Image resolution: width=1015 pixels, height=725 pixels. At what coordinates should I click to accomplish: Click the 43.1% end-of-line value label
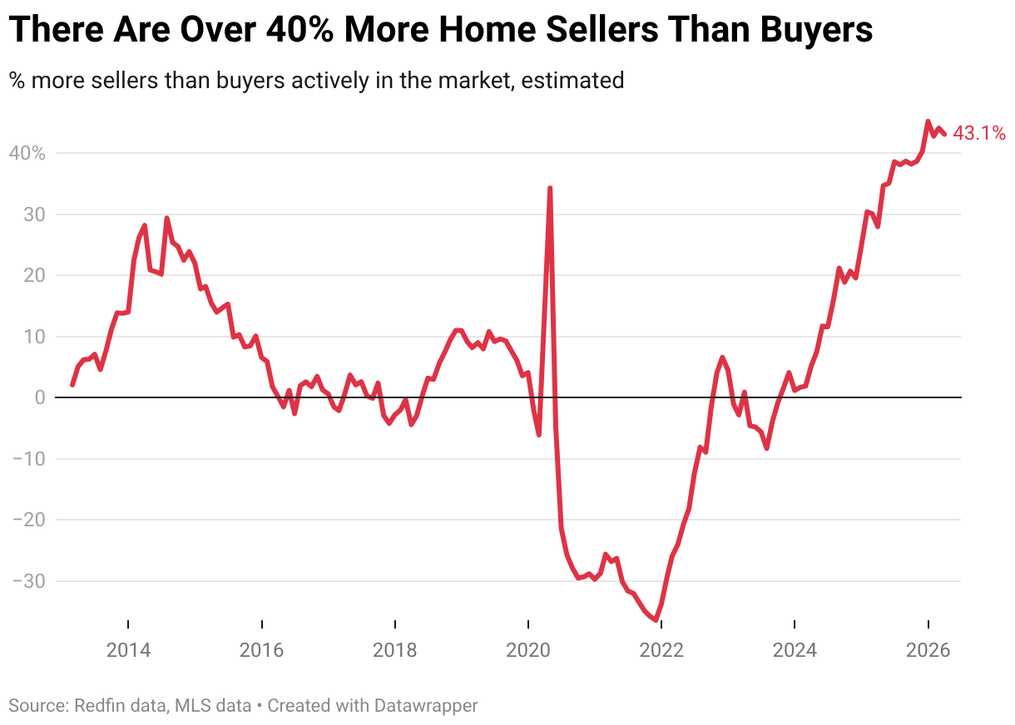[979, 133]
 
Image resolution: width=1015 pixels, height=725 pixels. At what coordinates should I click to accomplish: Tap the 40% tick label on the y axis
[27, 154]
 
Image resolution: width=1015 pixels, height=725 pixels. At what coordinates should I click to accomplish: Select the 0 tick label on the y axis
[39, 398]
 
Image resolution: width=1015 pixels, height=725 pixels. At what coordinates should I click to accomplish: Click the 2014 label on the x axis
[128, 650]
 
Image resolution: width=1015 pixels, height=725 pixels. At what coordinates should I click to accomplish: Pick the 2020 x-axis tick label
[528, 650]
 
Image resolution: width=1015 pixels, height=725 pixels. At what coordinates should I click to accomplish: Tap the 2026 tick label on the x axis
[928, 650]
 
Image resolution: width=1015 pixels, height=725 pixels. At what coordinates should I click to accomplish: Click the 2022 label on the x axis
[661, 650]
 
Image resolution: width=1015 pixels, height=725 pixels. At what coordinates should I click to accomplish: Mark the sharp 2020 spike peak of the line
[550, 189]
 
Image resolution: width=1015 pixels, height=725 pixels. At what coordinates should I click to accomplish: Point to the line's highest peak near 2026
[928, 121]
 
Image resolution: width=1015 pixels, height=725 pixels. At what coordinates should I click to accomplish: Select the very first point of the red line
[72, 385]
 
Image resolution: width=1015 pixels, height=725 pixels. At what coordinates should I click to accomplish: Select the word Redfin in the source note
[99, 706]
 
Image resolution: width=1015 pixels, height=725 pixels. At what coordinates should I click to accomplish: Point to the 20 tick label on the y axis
[33, 276]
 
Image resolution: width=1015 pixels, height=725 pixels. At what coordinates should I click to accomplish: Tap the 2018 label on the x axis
[395, 650]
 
